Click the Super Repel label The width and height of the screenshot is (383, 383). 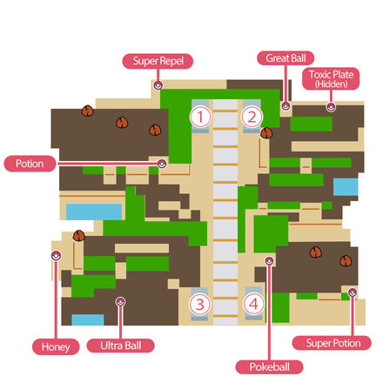[x=158, y=61]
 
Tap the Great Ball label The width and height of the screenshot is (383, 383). [x=286, y=58]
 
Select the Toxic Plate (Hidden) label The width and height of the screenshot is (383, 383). [x=331, y=79]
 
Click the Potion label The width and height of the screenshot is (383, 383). [x=30, y=164]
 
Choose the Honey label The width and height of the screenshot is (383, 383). [x=56, y=346]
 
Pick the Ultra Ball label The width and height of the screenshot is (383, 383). [x=121, y=346]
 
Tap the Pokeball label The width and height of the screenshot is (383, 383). [x=269, y=367]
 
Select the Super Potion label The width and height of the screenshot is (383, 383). [x=332, y=343]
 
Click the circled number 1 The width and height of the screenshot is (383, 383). [x=200, y=117]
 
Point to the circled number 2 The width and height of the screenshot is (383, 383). [x=252, y=117]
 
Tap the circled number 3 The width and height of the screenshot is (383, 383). [x=199, y=305]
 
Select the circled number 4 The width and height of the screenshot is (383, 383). [x=254, y=304]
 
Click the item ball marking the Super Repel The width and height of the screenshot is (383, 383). [x=158, y=85]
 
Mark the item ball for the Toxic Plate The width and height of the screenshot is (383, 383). [x=331, y=107]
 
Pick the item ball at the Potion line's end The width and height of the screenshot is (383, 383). [x=162, y=164]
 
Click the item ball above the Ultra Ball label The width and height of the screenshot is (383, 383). [x=120, y=302]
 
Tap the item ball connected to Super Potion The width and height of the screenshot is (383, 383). [x=353, y=292]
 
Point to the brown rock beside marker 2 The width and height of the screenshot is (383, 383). [x=266, y=133]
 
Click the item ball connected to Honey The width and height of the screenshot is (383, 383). [x=56, y=256]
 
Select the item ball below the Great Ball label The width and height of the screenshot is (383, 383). [x=286, y=106]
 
